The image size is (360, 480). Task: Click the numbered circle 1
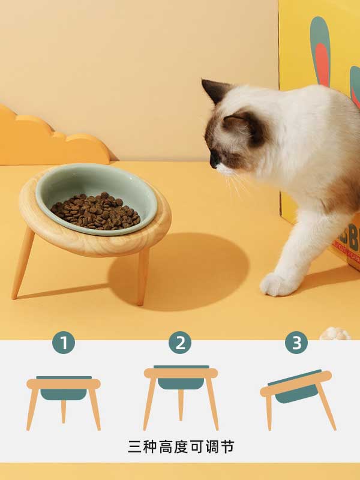(64, 343)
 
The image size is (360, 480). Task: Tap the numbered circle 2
(181, 343)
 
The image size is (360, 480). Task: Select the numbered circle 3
(296, 343)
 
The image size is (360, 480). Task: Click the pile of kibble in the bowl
(95, 211)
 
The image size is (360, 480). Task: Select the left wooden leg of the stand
(23, 263)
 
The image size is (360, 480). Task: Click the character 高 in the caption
(166, 447)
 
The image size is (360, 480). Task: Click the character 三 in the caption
(134, 447)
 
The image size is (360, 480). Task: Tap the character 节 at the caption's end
(227, 447)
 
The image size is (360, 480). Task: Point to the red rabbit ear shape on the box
(322, 64)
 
